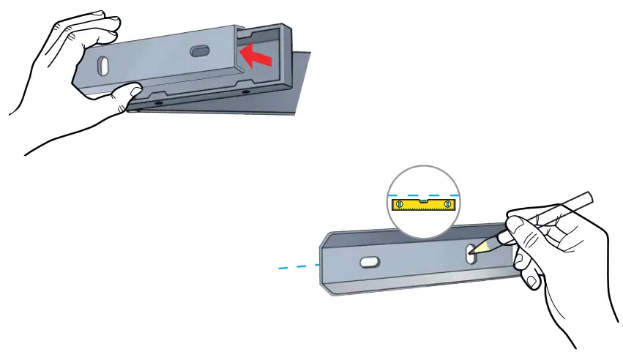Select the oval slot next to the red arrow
pos(199,51)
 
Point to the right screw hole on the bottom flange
pos(244,93)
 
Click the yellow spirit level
pos(424,204)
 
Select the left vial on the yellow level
pos(400,204)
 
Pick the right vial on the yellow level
pos(448,204)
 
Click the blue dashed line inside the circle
pos(425,194)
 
